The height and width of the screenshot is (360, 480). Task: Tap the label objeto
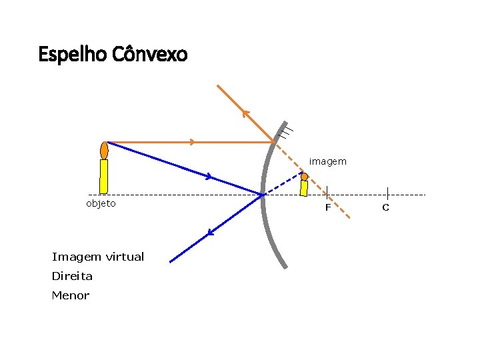(101, 203)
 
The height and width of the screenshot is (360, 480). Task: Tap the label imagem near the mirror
(327, 161)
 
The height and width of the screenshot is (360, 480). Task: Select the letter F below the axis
(327, 208)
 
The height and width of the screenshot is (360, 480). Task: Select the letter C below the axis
(385, 208)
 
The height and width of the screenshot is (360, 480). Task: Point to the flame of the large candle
(104, 149)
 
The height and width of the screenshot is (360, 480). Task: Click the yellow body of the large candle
(104, 176)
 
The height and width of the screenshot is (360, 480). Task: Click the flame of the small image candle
(304, 177)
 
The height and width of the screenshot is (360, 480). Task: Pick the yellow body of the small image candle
(304, 189)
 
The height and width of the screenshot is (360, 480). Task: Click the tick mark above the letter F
(327, 192)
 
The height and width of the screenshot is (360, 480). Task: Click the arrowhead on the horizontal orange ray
(192, 142)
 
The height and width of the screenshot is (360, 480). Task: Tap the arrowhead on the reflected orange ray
(245, 113)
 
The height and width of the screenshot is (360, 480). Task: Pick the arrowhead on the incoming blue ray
(209, 177)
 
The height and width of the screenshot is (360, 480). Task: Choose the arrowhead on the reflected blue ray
(210, 233)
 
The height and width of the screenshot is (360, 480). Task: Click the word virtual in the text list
(124, 257)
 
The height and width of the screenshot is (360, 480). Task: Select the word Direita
(72, 276)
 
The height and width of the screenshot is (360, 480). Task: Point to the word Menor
(70, 295)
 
